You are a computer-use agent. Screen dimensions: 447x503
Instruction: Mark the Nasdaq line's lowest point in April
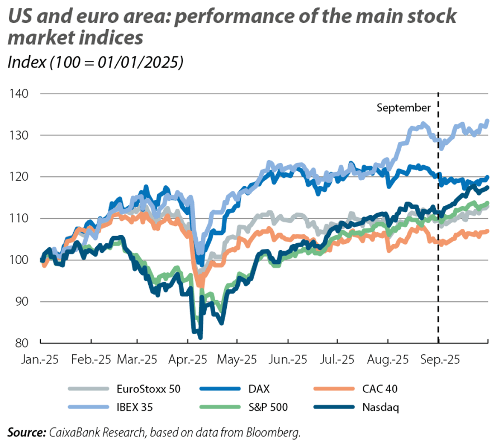[x=200, y=337]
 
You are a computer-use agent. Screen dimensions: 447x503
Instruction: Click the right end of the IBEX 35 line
[x=488, y=121]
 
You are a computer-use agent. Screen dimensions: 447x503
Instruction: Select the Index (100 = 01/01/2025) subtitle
[x=96, y=63]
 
